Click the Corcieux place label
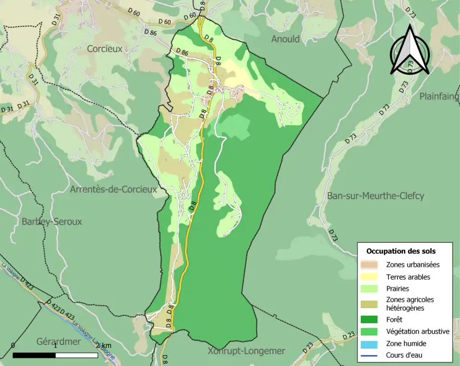[104, 48]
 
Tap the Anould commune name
[285, 39]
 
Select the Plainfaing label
[439, 96]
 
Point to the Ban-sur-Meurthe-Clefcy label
[376, 196]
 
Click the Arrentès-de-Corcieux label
[114, 189]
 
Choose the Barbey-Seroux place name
[52, 222]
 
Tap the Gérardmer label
[59, 342]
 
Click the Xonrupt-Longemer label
[246, 351]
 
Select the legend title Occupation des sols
[401, 251]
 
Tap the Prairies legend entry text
[397, 289]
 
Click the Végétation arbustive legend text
[417, 331]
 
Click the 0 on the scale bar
[12, 345]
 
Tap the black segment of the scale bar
[34, 355]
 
